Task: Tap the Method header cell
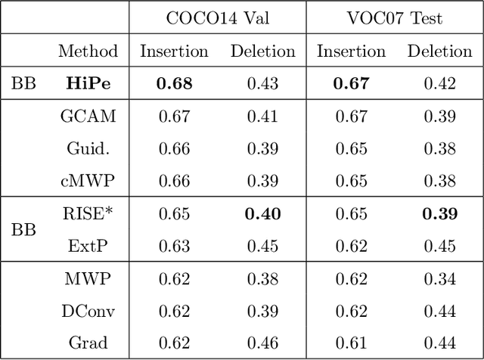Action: tap(88, 51)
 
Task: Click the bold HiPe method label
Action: tap(89, 83)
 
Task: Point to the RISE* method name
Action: tap(88, 213)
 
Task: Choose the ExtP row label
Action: tap(88, 246)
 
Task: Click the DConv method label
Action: tap(88, 311)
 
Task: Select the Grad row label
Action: tap(88, 343)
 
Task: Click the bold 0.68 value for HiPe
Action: tap(174, 83)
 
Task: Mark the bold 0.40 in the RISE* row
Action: tap(262, 213)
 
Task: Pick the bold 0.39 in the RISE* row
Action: tap(439, 213)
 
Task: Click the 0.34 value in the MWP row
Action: tap(439, 278)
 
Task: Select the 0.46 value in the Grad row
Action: tap(262, 343)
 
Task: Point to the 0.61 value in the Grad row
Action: tap(351, 343)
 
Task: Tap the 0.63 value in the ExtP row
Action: tap(174, 246)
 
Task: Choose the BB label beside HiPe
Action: tap(23, 83)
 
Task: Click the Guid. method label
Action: tap(88, 148)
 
